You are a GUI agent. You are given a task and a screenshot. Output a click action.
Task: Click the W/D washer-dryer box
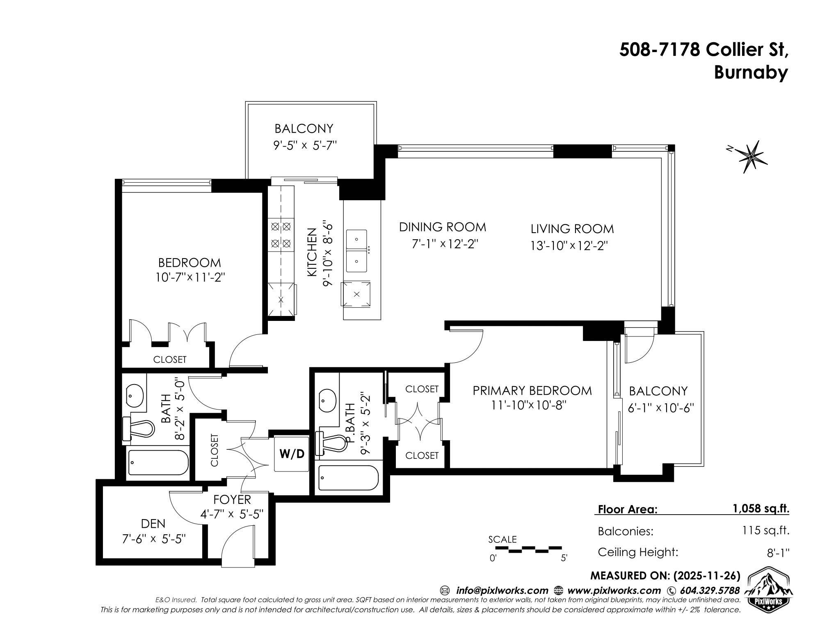tap(292, 454)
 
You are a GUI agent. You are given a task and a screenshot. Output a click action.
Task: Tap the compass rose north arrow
tap(749, 156)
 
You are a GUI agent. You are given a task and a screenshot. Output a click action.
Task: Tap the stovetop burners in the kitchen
tap(281, 235)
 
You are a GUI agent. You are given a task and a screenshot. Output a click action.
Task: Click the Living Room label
tap(572, 229)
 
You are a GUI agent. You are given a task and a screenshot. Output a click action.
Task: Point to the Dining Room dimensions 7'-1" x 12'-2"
tap(445, 244)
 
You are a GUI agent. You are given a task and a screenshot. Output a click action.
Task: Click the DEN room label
tap(153, 523)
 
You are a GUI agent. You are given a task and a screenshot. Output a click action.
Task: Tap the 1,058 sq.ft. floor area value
tap(761, 509)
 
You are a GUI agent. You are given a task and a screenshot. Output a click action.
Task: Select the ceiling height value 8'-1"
tap(779, 552)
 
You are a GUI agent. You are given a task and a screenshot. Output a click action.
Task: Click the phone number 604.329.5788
tap(710, 591)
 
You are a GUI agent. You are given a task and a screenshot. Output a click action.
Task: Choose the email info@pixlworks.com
tap(502, 591)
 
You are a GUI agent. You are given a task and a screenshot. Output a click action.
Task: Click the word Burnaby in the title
tap(751, 72)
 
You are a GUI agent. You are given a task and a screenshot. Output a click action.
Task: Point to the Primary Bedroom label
tap(532, 390)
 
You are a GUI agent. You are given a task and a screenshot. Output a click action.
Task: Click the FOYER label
tap(232, 499)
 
